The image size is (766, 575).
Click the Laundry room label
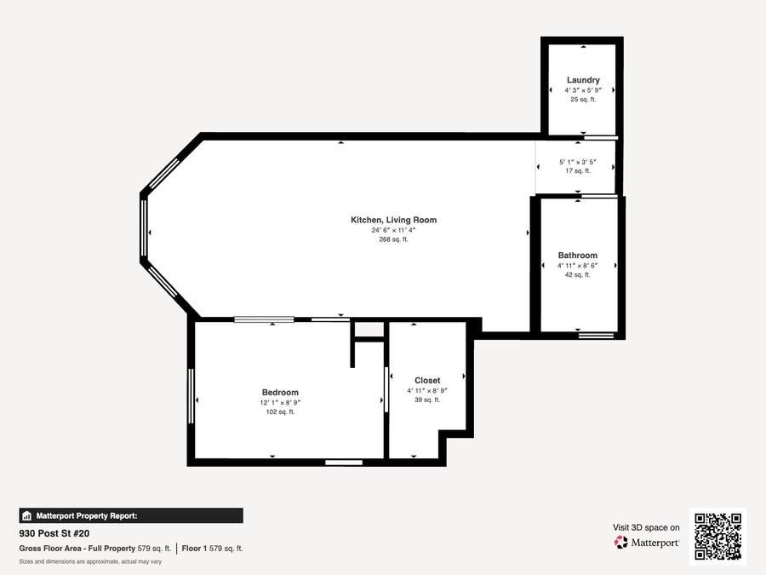tap(583, 80)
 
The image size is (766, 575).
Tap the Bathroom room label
tap(577, 256)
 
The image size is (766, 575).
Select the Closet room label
tap(427, 381)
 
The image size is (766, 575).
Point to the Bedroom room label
tap(280, 392)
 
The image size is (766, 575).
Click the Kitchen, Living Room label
tap(393, 220)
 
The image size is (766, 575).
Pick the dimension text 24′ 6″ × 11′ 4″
tap(393, 230)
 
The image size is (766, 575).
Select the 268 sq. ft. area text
tap(393, 239)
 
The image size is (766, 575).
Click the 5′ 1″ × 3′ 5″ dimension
tap(578, 162)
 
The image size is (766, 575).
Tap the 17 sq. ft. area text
tap(578, 170)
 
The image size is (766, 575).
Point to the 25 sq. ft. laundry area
tap(583, 100)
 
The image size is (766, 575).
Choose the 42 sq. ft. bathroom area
tap(577, 275)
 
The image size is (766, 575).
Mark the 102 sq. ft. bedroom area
tap(280, 411)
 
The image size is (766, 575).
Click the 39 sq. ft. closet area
tap(427, 400)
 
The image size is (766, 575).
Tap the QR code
tap(717, 537)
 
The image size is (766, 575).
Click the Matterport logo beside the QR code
tap(646, 543)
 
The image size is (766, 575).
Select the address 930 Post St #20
tap(54, 533)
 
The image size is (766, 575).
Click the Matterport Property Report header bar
tap(131, 516)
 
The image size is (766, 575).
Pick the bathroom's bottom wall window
tap(596, 336)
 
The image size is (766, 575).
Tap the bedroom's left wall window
tap(191, 396)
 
